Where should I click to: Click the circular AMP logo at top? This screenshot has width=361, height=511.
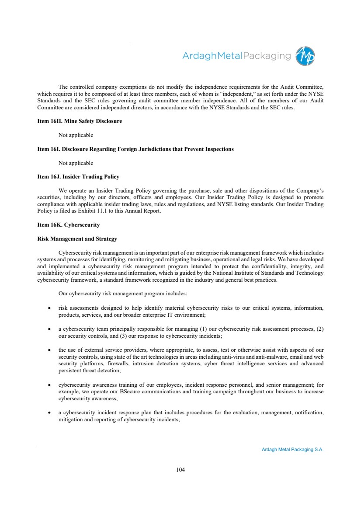coord(305,56)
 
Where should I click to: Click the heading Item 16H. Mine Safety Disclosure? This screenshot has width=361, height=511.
coord(80,121)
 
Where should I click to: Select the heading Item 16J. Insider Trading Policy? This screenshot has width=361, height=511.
coord(78,177)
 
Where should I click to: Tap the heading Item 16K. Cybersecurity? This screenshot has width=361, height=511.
coord(69,225)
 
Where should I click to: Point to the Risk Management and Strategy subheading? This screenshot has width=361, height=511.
coord(77,239)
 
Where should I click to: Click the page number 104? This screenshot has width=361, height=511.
coord(180,470)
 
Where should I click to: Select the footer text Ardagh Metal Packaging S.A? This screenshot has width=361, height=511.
coord(290,450)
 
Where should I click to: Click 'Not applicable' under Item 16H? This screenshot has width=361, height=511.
coord(76,135)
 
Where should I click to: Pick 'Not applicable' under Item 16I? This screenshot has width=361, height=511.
coord(76,163)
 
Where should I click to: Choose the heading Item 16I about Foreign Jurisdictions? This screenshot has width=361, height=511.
coord(135,149)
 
